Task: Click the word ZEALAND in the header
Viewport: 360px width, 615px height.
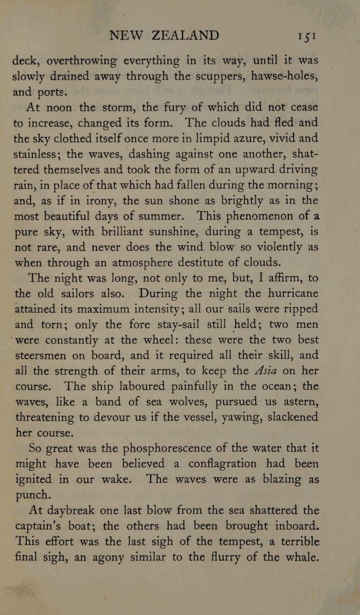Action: (x=186, y=35)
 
